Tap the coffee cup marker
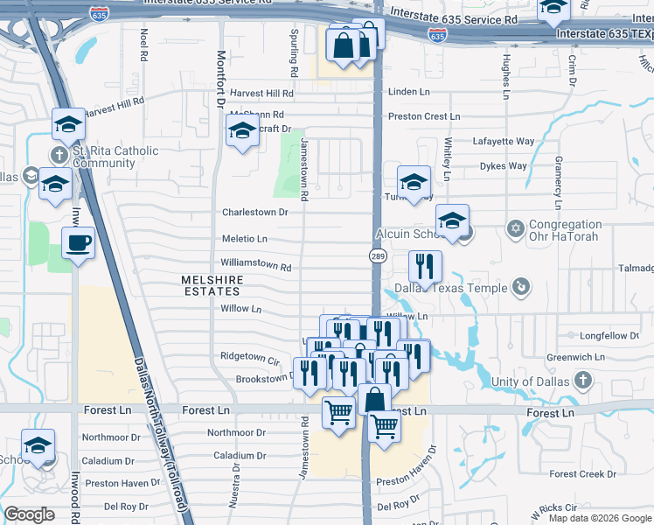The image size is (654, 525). click(x=78, y=242)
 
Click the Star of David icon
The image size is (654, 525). click(x=516, y=229)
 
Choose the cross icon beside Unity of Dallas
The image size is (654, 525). click(x=584, y=381)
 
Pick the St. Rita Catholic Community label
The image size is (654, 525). click(x=115, y=157)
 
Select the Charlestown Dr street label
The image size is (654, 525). click(x=254, y=212)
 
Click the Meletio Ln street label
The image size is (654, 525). click(x=244, y=238)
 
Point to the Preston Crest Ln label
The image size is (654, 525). click(x=423, y=116)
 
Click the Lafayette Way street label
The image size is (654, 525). click(x=503, y=141)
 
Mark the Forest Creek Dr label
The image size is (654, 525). click(x=584, y=474)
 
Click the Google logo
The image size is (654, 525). click(x=30, y=514)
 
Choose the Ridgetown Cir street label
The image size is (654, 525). click(x=249, y=357)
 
